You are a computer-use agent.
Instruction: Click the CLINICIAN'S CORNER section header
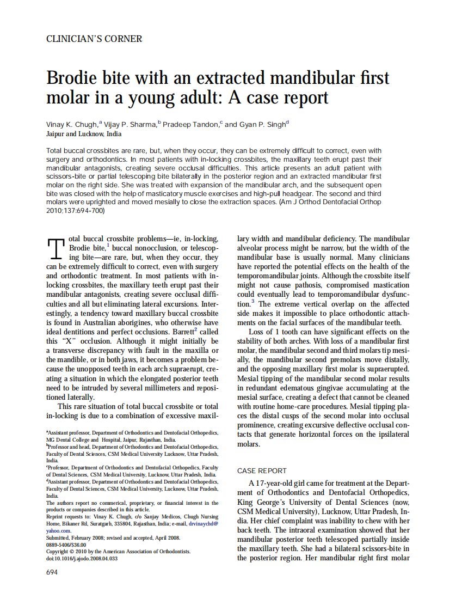94,39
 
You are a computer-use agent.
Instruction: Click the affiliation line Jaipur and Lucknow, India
84,134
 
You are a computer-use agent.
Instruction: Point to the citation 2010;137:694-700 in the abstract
76,210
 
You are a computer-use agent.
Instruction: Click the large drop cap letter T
56,249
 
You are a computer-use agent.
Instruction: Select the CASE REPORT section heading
262,471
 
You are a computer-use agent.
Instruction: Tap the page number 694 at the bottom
52,572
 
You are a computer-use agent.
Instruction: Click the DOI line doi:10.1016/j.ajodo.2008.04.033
82,558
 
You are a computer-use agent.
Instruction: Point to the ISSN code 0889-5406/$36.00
66,545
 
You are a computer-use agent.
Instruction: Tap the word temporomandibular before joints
269,276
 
